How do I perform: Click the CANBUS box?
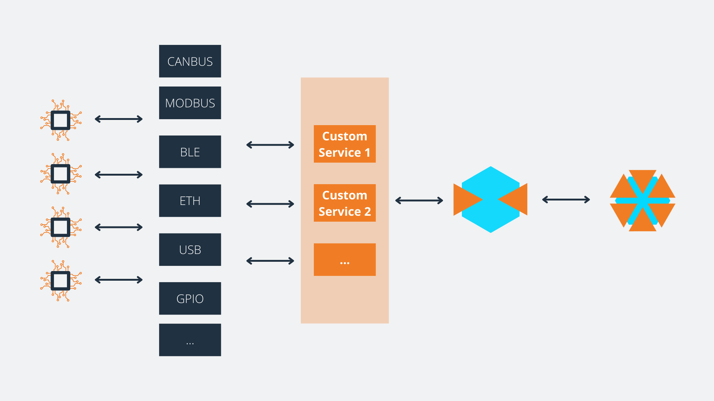click(x=190, y=61)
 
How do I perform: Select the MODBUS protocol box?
click(x=190, y=103)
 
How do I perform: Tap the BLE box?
click(x=190, y=152)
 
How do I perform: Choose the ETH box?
click(x=190, y=200)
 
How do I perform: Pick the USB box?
click(x=190, y=250)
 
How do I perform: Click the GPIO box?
click(x=190, y=299)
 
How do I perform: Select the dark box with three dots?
click(x=190, y=340)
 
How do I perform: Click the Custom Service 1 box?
click(x=345, y=144)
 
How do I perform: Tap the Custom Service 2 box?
click(x=345, y=203)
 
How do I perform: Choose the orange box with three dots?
click(x=345, y=260)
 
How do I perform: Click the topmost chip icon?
click(x=61, y=120)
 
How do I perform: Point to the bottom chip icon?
click(x=61, y=281)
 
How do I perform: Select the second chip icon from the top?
click(x=61, y=174)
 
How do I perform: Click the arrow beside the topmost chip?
click(x=119, y=119)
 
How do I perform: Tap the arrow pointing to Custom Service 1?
click(x=270, y=145)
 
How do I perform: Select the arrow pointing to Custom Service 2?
click(x=270, y=204)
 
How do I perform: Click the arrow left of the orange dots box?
click(x=270, y=261)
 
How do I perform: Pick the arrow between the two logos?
click(x=566, y=200)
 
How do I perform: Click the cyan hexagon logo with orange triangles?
click(x=491, y=200)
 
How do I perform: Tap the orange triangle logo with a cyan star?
click(x=643, y=200)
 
